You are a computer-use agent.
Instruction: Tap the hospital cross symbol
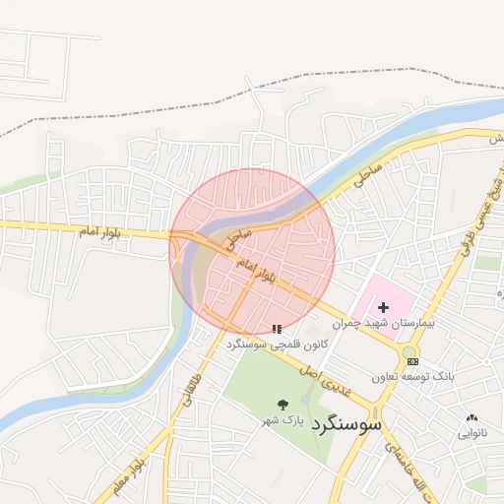(383, 308)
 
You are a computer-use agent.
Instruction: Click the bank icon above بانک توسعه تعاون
(411, 362)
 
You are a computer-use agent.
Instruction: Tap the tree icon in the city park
(284, 404)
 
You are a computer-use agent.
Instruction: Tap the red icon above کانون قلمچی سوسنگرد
(277, 329)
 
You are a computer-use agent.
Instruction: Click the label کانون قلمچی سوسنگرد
(276, 345)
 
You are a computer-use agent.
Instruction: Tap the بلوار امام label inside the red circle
(260, 272)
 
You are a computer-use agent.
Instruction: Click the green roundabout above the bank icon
(409, 351)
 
